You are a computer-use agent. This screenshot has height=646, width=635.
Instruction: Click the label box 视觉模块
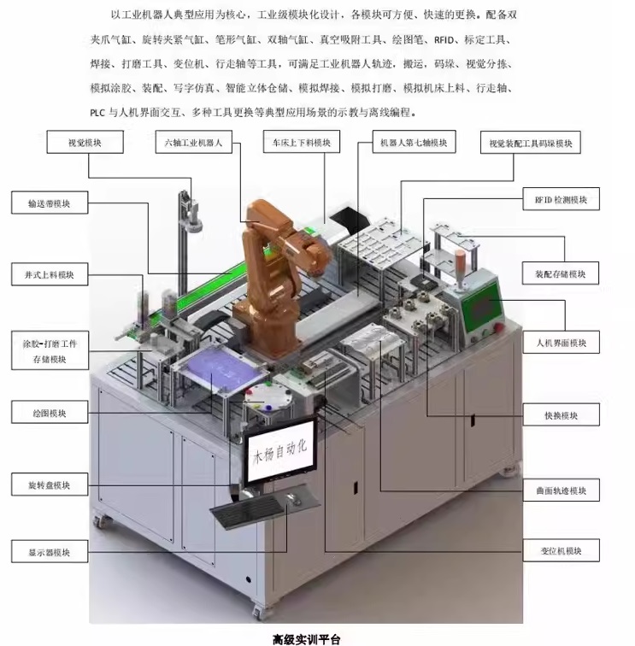tap(83, 143)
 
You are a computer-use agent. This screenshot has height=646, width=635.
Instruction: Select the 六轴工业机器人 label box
tap(194, 143)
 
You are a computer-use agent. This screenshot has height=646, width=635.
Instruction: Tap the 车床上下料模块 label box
tap(296, 143)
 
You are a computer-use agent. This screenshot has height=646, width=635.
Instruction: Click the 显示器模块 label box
tap(50, 552)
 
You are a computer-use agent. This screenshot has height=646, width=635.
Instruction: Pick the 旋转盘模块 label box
tap(50, 485)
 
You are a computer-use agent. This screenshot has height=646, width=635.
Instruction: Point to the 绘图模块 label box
tap(50, 414)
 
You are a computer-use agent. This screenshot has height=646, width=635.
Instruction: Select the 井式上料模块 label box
tap(50, 274)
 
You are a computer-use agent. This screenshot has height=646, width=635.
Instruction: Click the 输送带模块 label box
tap(50, 203)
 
